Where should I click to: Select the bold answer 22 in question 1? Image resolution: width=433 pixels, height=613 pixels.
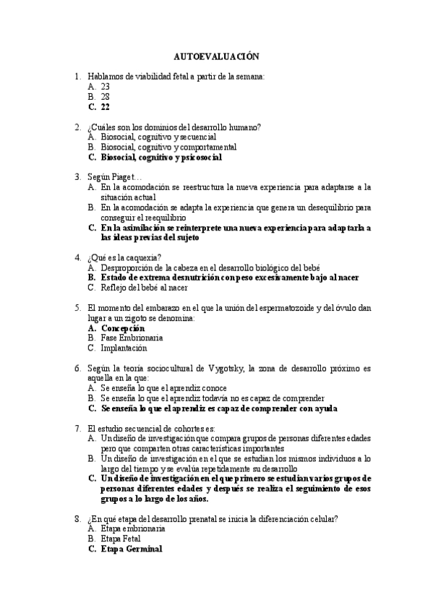[x=106, y=106]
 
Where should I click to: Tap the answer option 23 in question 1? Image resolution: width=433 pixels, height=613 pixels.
[x=106, y=86]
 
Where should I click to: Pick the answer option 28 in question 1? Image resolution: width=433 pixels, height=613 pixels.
[x=106, y=95]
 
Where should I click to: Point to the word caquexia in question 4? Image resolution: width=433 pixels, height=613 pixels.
[x=144, y=257]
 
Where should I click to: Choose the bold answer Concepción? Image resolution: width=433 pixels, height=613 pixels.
[x=123, y=327]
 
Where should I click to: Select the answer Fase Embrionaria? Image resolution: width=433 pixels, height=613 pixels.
[x=132, y=338]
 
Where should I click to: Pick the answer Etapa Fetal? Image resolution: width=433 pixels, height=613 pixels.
[x=121, y=539]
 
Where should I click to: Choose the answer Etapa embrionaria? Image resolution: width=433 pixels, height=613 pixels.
[x=134, y=528]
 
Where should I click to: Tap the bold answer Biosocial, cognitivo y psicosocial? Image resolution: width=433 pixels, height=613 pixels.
[x=161, y=156]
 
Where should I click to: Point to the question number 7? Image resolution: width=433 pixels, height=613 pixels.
[x=77, y=428]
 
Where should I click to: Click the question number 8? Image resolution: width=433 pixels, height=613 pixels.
[x=77, y=518]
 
